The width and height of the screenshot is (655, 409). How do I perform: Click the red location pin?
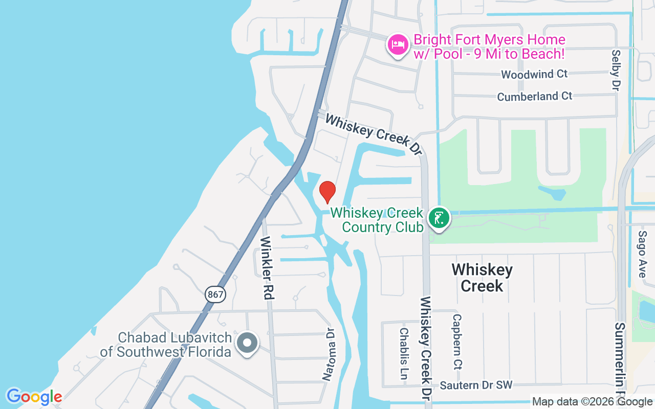pos(327,192)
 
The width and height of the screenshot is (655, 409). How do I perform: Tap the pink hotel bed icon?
pos(398,45)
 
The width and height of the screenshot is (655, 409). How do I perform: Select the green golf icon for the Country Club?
pos(439,218)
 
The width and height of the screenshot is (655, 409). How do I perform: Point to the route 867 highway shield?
pos(215,294)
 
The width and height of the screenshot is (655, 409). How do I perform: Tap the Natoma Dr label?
pos(328,354)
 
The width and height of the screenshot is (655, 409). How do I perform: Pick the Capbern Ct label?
pos(457,342)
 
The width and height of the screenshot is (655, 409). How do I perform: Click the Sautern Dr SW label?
pos(475,385)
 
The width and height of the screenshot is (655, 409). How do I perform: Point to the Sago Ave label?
pos(642,254)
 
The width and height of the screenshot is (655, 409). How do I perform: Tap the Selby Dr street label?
pos(616,70)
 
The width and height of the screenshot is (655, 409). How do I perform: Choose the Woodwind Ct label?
pos(534,74)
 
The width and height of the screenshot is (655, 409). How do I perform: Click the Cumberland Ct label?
pos(535,96)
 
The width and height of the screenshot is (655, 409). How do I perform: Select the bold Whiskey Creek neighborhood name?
pos(482,278)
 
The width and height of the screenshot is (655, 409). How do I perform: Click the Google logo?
pos(34,397)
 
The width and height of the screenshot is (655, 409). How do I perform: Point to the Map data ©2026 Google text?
pos(592,402)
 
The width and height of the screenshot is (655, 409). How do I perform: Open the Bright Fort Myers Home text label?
pos(489,46)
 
